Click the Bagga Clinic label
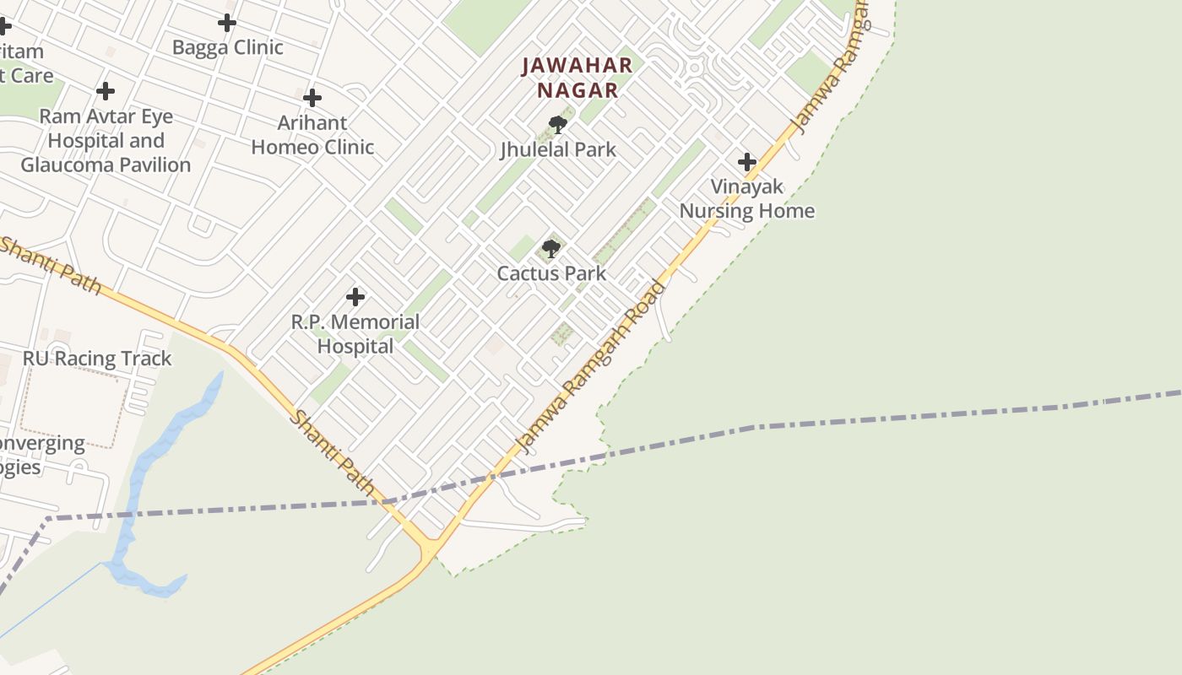(227, 47)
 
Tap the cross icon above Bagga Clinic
(227, 23)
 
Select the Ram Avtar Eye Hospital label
(106, 140)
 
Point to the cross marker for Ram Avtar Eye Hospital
(106, 90)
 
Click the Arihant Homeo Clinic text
(312, 135)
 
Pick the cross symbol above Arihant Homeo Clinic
(312, 98)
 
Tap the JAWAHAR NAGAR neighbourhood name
(577, 78)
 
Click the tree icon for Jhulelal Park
(557, 125)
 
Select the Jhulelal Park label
(558, 150)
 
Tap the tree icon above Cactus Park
(551, 248)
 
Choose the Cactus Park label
(551, 273)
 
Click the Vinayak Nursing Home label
(747, 199)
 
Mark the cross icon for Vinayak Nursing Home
(747, 161)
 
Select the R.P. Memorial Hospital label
(355, 334)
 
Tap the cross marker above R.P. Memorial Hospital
(355, 296)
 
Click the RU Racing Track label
(97, 359)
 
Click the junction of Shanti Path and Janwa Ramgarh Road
(429, 548)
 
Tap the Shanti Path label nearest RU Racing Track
(51, 264)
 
